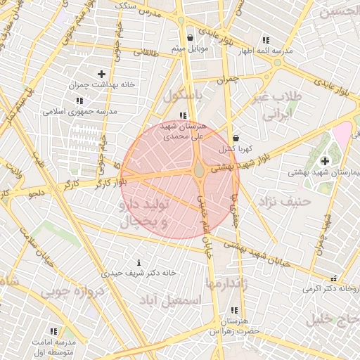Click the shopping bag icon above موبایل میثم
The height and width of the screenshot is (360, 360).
(x=190, y=38)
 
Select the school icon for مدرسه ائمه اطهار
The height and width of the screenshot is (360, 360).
(x=266, y=41)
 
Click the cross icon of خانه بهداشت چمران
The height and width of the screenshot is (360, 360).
(x=102, y=73)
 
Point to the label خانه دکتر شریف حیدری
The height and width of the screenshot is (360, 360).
(x=139, y=272)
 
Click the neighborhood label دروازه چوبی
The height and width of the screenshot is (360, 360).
(x=72, y=291)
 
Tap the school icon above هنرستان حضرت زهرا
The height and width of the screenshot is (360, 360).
(x=233, y=309)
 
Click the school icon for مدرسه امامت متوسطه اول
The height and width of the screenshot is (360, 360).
(x=53, y=330)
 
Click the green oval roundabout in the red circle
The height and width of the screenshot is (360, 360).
(x=200, y=169)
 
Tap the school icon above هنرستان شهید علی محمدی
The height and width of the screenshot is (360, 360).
(x=183, y=115)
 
